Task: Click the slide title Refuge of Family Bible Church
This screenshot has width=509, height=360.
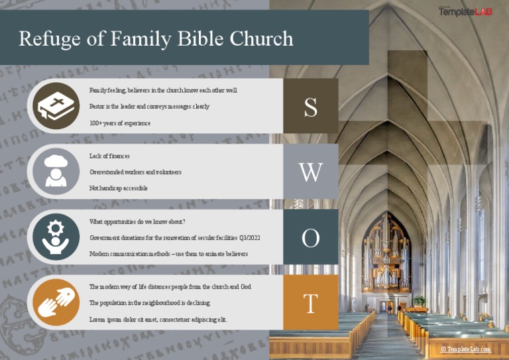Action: [156, 38]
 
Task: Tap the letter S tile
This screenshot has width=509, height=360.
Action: [310, 107]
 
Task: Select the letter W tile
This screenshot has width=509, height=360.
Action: [310, 172]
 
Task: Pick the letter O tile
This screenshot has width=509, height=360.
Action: [310, 237]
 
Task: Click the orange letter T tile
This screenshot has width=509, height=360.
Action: [310, 303]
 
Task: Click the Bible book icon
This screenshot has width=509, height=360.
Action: [56, 106]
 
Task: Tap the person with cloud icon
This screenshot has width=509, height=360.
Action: [56, 171]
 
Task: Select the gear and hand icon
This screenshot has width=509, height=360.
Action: [56, 237]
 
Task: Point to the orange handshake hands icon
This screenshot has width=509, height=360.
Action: [56, 302]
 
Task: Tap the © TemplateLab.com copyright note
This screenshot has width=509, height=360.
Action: [467, 349]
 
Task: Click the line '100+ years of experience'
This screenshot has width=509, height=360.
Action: [120, 123]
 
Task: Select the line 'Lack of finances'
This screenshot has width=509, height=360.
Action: [109, 156]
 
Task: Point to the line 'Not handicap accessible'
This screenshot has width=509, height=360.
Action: [119, 188]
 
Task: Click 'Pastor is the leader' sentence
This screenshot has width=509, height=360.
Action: [149, 106]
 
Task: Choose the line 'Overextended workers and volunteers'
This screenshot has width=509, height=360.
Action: [135, 172]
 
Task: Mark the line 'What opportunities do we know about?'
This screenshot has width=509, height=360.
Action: [137, 221]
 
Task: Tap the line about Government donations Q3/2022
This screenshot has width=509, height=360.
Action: [175, 237]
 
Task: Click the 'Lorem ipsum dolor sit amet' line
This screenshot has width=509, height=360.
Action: [158, 319]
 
